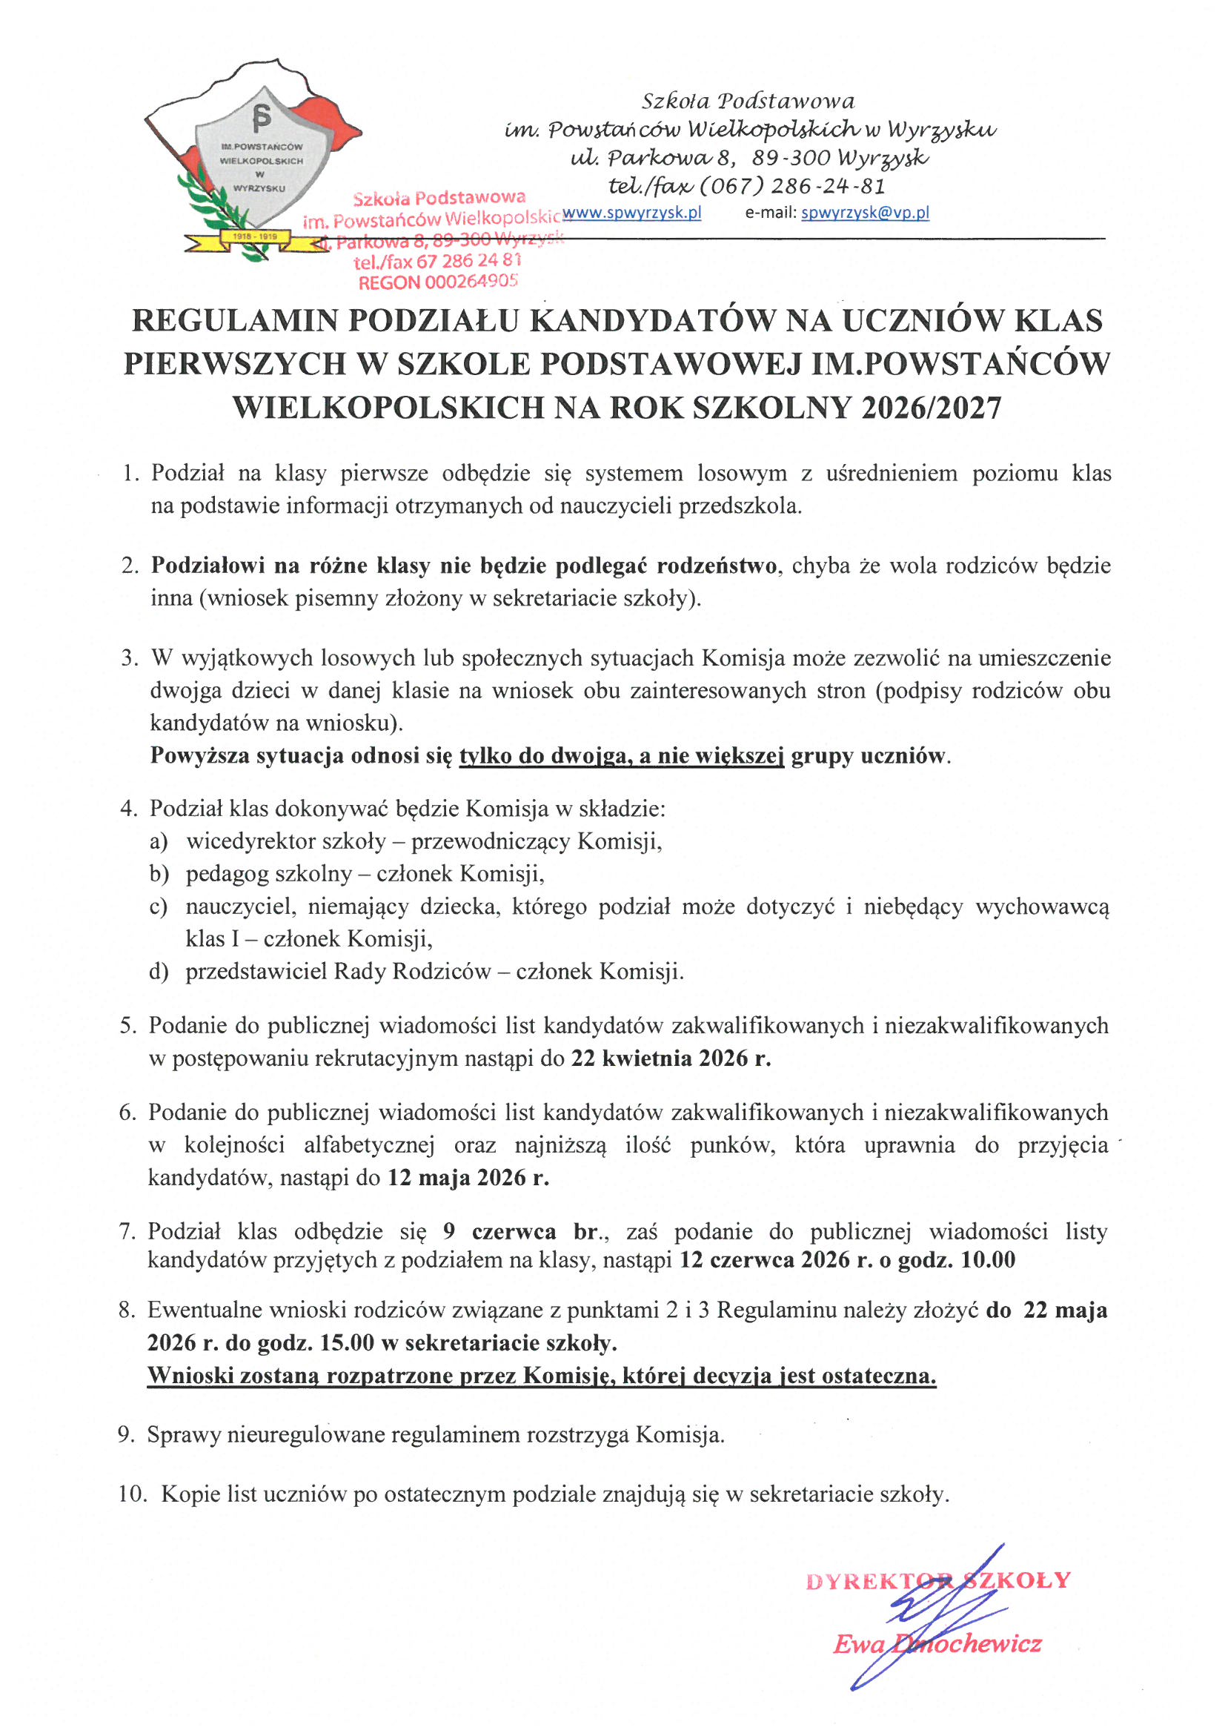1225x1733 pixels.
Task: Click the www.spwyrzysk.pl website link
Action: coord(631,213)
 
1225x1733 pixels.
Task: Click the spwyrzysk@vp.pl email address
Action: coord(865,213)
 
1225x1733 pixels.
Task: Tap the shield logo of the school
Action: coord(260,162)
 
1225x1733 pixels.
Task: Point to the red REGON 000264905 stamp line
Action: coord(438,282)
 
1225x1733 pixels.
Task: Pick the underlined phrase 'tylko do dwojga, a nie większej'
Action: coord(622,755)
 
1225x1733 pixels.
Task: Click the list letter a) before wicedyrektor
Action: coord(159,841)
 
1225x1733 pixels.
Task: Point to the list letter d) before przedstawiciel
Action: coord(159,971)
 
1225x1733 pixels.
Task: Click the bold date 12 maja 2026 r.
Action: coord(468,1178)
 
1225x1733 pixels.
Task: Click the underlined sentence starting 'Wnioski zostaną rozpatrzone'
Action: coord(541,1375)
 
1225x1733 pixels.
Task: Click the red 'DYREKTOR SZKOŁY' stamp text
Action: coord(938,1580)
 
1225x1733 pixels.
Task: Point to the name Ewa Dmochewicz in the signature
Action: coord(937,1644)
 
